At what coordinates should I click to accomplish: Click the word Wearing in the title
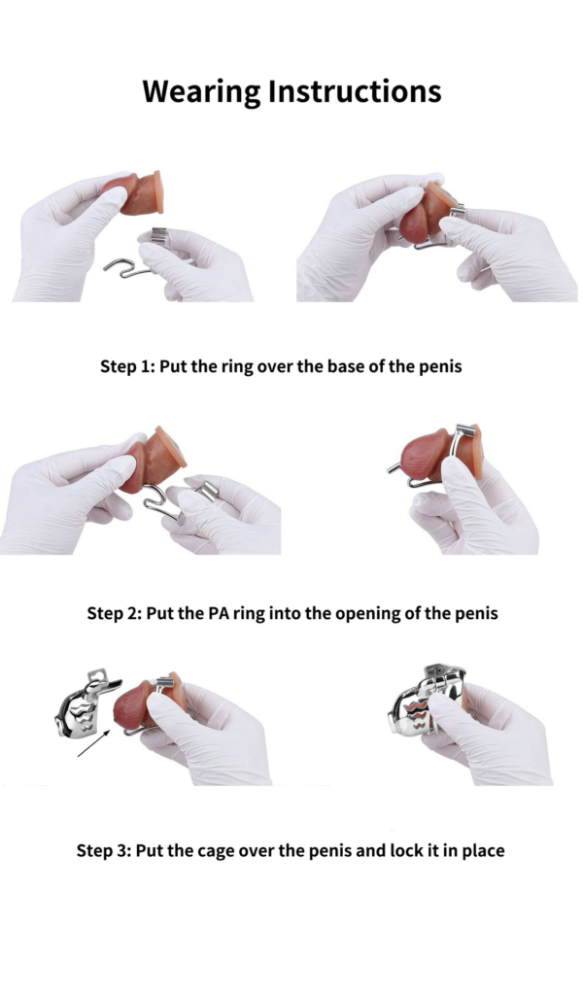[x=201, y=92]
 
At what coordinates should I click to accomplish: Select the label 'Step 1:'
[x=126, y=366]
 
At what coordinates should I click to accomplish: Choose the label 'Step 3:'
[x=104, y=850]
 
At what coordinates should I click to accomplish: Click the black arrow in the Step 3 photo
[x=94, y=743]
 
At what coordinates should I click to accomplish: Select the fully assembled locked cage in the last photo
[x=429, y=700]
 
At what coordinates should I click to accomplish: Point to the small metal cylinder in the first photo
[x=158, y=235]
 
